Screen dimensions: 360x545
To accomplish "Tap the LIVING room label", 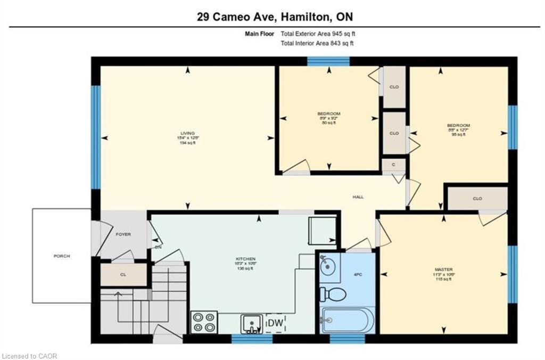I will point(187,133).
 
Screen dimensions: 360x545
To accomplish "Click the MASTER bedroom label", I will point(443,270).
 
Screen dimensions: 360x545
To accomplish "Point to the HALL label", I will point(358,197).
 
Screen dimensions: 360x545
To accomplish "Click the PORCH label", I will point(62,256).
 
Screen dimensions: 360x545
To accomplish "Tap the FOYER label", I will point(123,234).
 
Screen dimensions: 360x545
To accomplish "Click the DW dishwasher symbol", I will point(275,323).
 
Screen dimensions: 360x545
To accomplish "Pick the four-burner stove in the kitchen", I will point(204,322).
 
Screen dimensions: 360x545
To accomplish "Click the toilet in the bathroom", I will point(333,293).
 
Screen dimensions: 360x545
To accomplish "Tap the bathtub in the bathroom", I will point(347,320).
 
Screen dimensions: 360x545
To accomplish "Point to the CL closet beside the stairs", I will point(123,275).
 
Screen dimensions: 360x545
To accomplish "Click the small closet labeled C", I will point(393,165).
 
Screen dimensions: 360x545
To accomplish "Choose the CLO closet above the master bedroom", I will point(477,198).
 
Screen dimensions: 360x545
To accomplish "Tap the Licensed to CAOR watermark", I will point(29,355).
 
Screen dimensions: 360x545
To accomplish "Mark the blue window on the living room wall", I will point(95,137).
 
